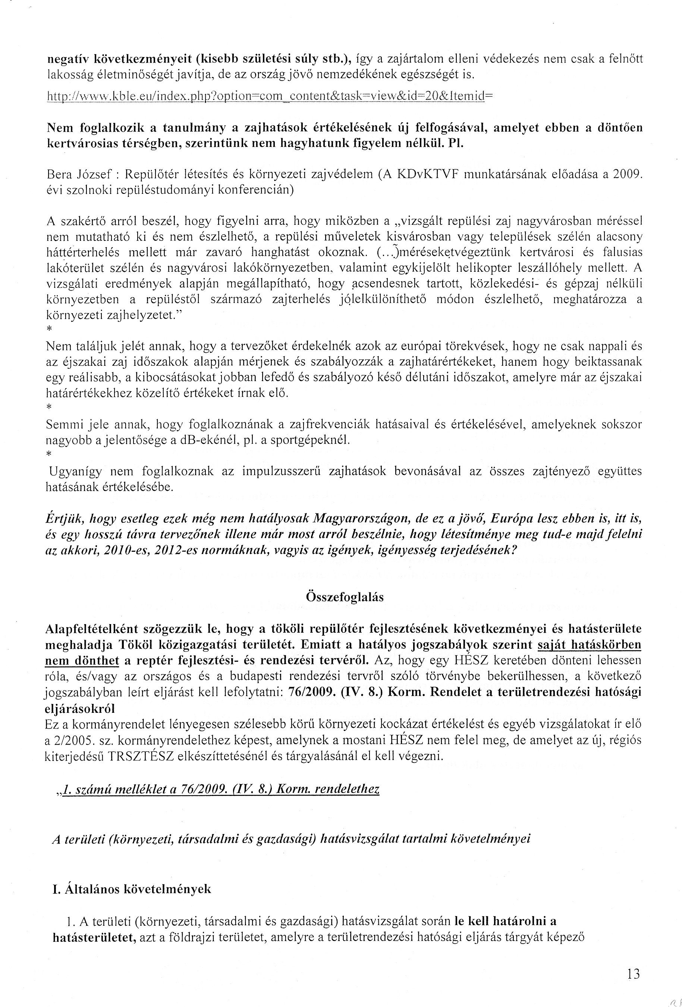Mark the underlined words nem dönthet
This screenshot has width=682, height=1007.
pos(82,661)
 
